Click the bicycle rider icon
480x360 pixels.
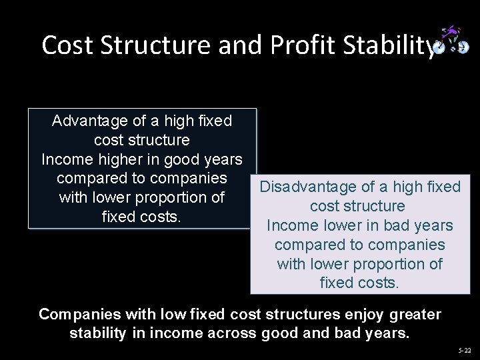tap(451, 41)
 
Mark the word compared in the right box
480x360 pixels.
tap(307, 245)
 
